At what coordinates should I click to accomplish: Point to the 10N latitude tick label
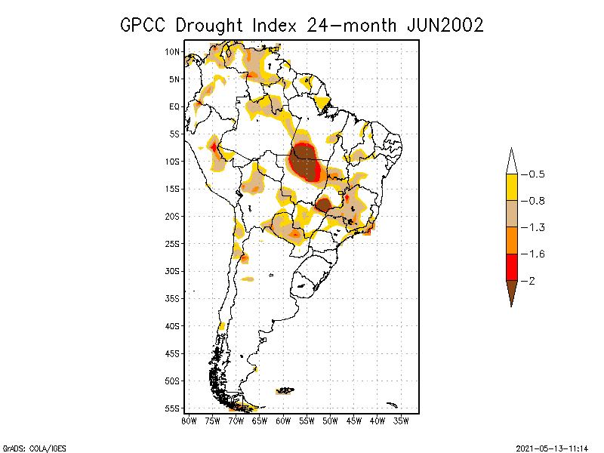173,51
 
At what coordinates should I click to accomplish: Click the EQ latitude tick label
174,106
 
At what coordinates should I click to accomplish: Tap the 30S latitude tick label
173,271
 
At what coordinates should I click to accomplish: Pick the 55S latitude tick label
173,408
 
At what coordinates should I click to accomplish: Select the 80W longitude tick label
190,420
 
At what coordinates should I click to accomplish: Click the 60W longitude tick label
284,420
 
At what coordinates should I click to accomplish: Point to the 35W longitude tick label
401,420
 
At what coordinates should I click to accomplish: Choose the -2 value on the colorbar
531,280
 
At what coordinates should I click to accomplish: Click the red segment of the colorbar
511,267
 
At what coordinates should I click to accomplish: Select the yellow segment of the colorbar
511,187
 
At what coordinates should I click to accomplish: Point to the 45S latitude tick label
173,353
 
